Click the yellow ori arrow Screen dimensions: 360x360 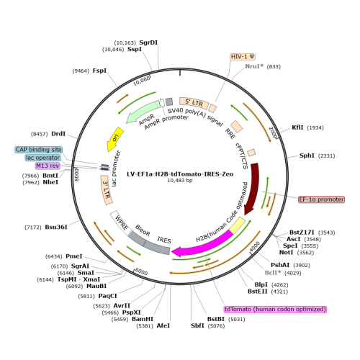click(114, 140)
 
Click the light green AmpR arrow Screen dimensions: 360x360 click(143, 112)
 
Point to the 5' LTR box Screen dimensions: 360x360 click(194, 102)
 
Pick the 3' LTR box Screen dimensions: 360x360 click(107, 190)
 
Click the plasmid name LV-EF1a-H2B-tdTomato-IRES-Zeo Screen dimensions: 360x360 click(180, 174)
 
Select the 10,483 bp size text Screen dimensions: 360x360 click(180, 180)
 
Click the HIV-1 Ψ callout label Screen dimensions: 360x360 click(243, 57)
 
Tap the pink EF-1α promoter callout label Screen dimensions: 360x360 click(321, 199)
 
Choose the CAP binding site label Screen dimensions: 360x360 click(38, 150)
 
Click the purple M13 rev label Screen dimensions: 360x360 click(48, 166)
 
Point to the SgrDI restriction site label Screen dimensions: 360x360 click(148, 42)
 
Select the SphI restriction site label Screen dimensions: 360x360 click(307, 156)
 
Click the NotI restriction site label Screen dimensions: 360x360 click(286, 252)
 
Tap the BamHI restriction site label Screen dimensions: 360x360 click(143, 319)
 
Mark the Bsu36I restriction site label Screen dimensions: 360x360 click(56, 227)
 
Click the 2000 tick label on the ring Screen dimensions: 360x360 click(274, 132)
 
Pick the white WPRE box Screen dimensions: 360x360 click(121, 222)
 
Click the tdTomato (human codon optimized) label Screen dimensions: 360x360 click(276, 309)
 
